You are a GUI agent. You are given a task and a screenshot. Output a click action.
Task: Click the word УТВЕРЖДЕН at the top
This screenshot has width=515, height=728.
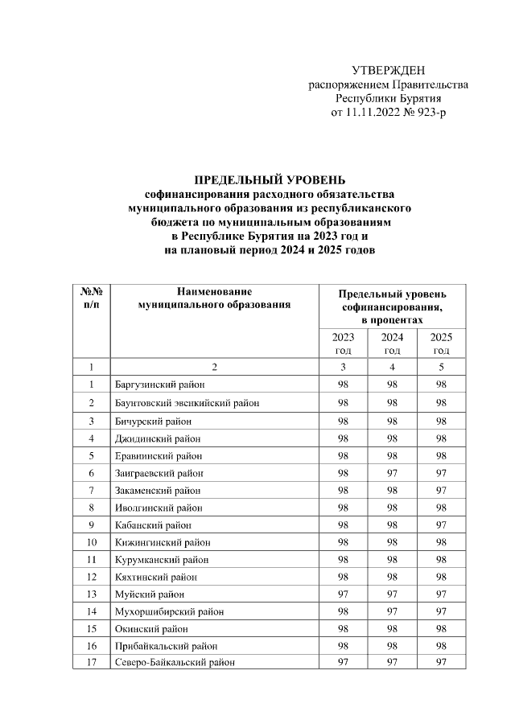[389, 71]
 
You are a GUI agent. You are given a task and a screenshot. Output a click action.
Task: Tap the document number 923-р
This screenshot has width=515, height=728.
[427, 112]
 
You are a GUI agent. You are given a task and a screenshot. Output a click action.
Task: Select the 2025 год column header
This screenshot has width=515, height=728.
[441, 343]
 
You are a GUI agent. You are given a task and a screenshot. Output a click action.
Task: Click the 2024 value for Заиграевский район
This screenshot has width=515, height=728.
[392, 473]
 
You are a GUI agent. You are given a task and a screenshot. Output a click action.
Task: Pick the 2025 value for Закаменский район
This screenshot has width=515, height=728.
[441, 491]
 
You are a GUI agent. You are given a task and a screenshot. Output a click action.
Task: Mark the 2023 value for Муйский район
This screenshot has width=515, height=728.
[343, 594]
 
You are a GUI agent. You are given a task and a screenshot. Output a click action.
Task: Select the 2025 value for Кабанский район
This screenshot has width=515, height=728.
[441, 525]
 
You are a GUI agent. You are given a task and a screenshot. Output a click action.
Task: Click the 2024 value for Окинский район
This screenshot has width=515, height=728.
[392, 629]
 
